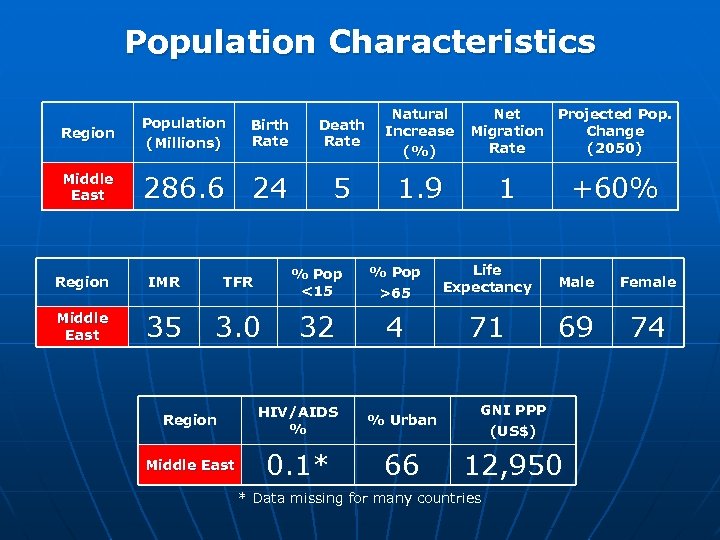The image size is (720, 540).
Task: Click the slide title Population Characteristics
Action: click(x=360, y=42)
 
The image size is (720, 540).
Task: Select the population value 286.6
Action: click(x=184, y=187)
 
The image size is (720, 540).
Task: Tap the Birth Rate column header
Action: click(x=270, y=133)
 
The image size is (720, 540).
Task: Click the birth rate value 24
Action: click(x=270, y=187)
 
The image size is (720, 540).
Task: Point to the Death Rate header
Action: click(x=342, y=133)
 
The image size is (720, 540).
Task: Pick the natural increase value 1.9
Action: click(x=420, y=187)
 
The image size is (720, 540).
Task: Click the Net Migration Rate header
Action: click(x=507, y=132)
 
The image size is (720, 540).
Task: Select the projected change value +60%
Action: click(x=614, y=187)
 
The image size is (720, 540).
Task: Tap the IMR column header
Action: click(x=164, y=282)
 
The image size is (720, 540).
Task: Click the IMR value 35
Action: click(x=164, y=327)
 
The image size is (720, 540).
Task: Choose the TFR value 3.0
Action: click(x=238, y=327)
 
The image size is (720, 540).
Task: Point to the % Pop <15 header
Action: click(x=316, y=282)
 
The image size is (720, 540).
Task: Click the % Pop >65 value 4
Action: click(x=395, y=327)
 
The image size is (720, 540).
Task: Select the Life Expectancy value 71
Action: click(x=487, y=327)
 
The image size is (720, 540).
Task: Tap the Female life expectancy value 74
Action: click(x=648, y=327)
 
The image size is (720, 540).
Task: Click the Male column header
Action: click(x=576, y=282)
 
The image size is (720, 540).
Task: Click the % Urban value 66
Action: click(x=402, y=464)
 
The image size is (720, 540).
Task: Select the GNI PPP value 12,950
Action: click(x=513, y=464)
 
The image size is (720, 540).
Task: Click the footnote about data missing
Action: click(x=360, y=498)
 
